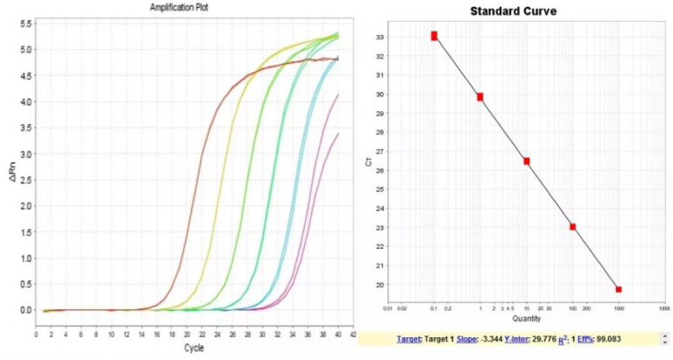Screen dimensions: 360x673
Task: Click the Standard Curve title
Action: (513, 11)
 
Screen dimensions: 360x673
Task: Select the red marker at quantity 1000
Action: (619, 289)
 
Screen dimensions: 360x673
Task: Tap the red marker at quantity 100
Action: (572, 227)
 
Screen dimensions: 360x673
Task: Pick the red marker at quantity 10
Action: (527, 161)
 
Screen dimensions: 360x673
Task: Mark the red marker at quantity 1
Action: (480, 96)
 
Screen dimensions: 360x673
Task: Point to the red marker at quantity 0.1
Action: (434, 36)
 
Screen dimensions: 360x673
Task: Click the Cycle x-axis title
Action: (194, 348)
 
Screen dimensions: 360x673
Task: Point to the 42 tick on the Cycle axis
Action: (351, 334)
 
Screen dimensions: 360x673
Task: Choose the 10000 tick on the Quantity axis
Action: (663, 309)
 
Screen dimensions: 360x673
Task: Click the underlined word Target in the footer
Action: (409, 339)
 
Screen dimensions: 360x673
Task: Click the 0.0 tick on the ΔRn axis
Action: (26, 310)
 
